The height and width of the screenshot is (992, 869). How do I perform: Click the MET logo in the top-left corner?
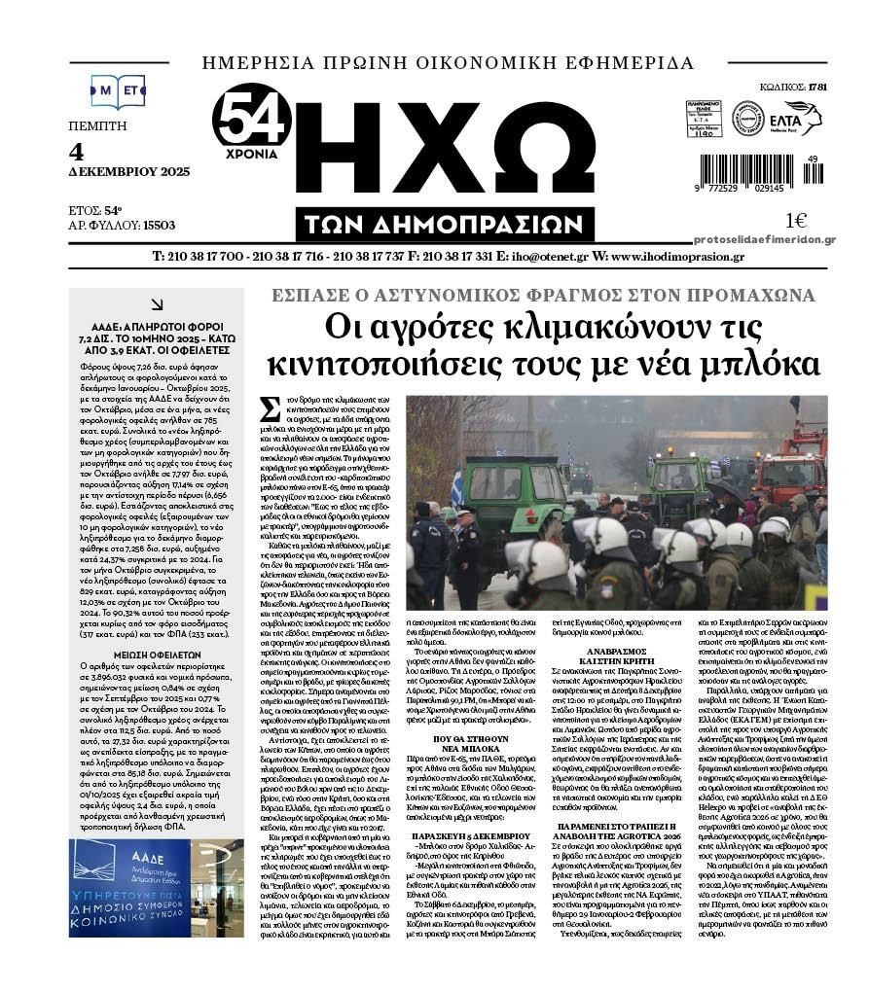117,90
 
